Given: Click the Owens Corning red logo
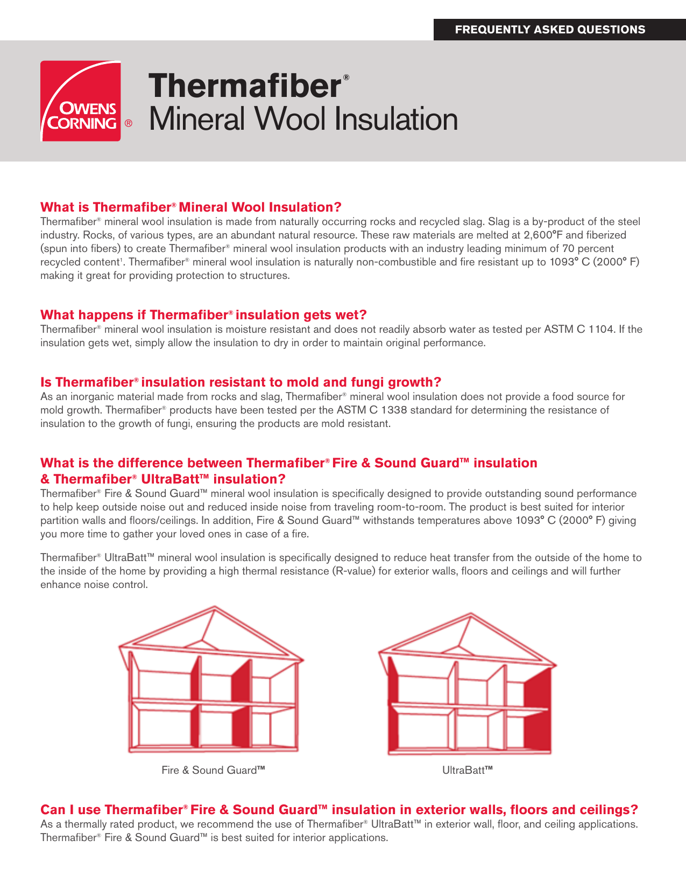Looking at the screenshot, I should pyautogui.click(x=81, y=101).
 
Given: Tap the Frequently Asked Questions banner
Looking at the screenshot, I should pyautogui.click(x=550, y=30).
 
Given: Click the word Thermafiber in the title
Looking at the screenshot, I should pyautogui.click(x=245, y=86).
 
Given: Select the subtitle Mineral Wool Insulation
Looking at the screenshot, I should pyautogui.click(x=303, y=120).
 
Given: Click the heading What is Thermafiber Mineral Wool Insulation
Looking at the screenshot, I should pyautogui.click(x=191, y=207).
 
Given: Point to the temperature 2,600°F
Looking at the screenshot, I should pyautogui.click(x=543, y=235).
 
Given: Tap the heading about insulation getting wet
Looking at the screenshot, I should pyautogui.click(x=203, y=315).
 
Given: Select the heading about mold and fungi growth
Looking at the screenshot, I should pyautogui.click(x=241, y=382).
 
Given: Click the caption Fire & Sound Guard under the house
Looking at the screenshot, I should pyautogui.click(x=213, y=771).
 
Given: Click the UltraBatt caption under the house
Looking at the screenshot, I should pyautogui.click(x=467, y=771).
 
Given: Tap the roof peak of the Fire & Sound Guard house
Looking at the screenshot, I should pyautogui.click(x=215, y=608).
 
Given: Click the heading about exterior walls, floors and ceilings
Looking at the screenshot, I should pyautogui.click(x=339, y=810).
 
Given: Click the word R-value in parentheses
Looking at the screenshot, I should pyautogui.click(x=353, y=571).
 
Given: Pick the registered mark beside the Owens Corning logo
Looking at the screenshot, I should pyautogui.click(x=128, y=123).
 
